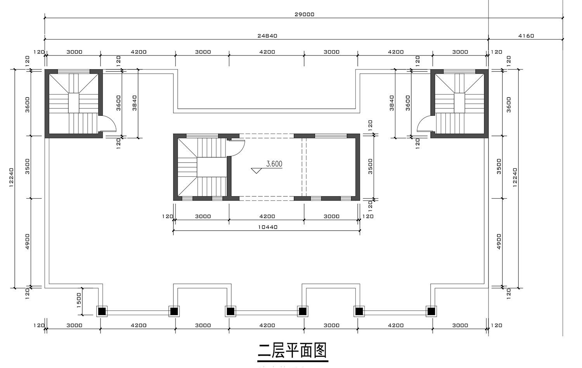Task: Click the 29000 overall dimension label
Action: pos(304,14)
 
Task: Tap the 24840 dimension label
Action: pos(267,36)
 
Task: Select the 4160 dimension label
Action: pos(526,36)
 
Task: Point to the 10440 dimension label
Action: pos(268,227)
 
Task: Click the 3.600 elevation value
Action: pos(274,164)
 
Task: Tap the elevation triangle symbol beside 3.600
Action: pos(256,171)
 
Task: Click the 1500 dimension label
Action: pos(79,300)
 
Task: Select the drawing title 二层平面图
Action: pos(292,351)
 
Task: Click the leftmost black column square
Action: pos(102,311)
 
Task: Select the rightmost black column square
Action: pos(431,311)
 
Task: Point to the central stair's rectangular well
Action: pos(212,167)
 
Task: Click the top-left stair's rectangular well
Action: pos(74,102)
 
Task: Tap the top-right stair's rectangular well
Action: pos(459,102)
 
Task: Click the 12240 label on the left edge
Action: pos(11,177)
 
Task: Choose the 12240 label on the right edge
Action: pos(515,177)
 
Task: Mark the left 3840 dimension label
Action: pos(134,103)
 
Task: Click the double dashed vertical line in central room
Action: pos(304,167)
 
